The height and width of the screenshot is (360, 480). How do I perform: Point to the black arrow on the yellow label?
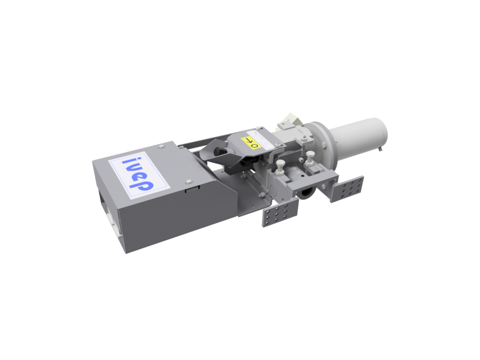coord(249,141)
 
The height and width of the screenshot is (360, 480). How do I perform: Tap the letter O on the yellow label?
coord(255,145)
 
